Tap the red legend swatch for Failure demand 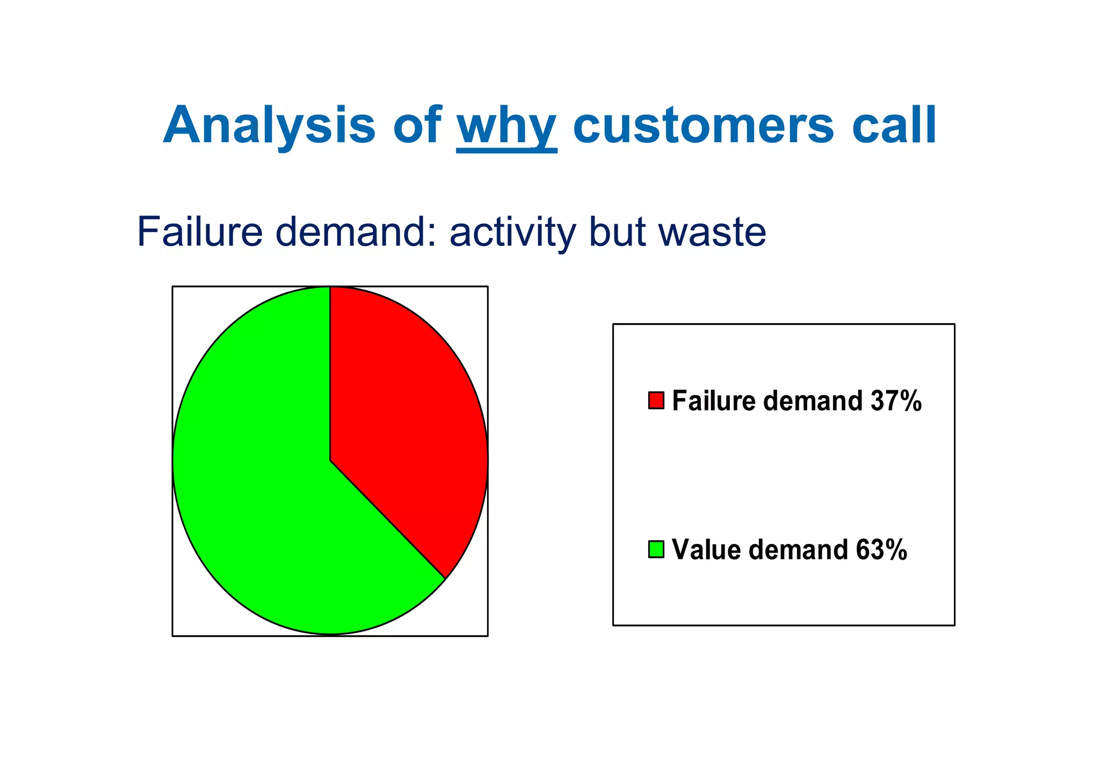[x=656, y=401]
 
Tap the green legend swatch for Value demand [x=656, y=549]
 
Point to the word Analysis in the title [x=269, y=126]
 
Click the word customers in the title [x=704, y=126]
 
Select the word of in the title [x=417, y=126]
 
